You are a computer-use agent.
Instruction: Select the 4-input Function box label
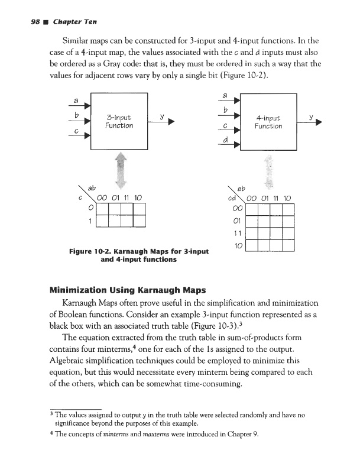click(267, 122)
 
